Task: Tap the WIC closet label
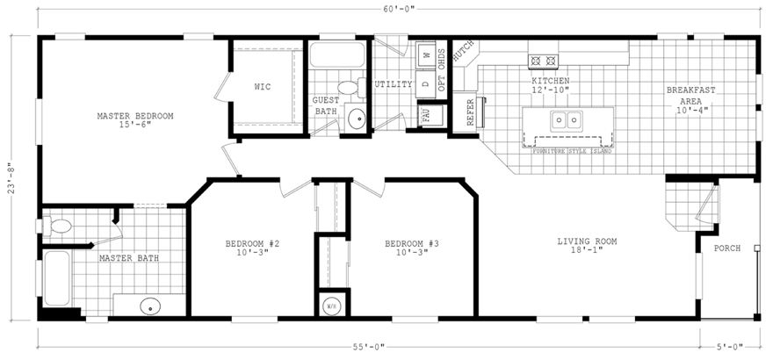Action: pos(263,87)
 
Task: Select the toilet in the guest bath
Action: pos(349,88)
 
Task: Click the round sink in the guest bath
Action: pos(356,120)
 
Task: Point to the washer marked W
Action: pos(426,54)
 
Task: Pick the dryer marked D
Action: pos(425,84)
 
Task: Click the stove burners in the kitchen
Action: pos(543,61)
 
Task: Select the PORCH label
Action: pos(726,248)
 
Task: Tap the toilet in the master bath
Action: pos(60,227)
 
